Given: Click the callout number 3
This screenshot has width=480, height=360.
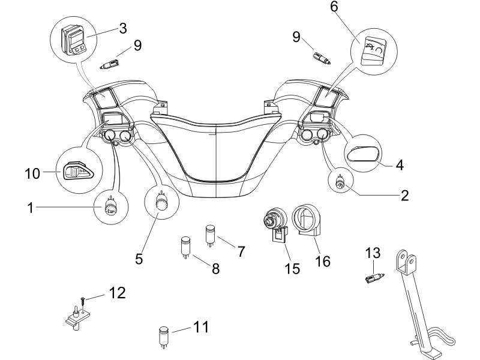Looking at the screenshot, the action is [123, 28].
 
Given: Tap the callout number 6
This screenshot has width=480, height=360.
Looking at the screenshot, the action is [334, 7].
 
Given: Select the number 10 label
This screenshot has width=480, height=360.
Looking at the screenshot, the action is [32, 173].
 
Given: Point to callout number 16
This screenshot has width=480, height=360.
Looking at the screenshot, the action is [323, 262].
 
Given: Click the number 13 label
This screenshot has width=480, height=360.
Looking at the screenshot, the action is [373, 253].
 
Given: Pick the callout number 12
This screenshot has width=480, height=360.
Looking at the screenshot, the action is [118, 293].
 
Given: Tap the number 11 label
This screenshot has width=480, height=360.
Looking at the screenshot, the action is [201, 327].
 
